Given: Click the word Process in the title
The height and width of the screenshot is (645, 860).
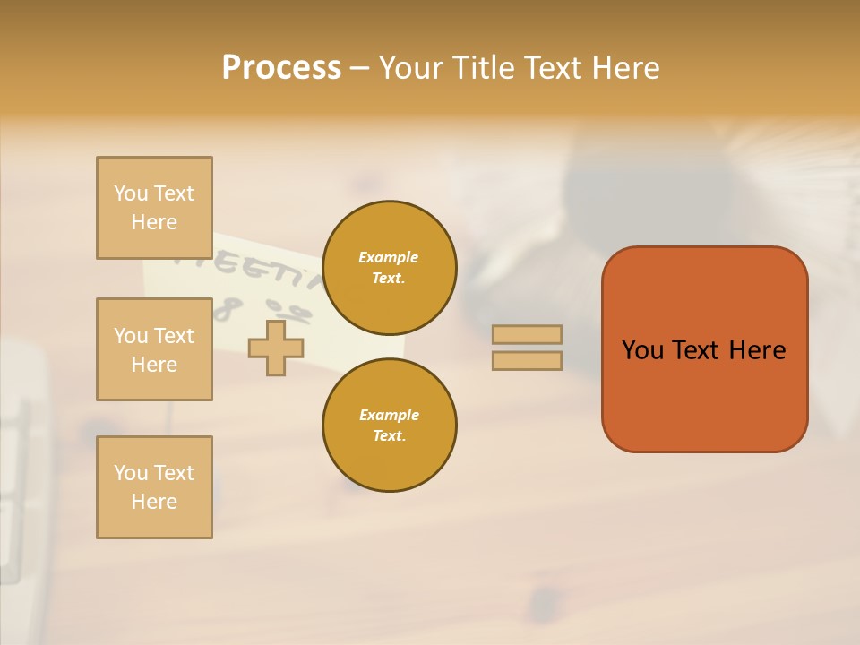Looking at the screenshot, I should pyautogui.click(x=281, y=68).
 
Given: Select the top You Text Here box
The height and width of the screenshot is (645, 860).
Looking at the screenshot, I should pyautogui.click(x=154, y=208).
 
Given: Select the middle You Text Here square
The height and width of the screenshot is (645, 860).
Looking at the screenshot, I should pyautogui.click(x=154, y=349).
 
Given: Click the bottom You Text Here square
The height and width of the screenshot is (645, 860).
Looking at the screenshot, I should pyautogui.click(x=154, y=487).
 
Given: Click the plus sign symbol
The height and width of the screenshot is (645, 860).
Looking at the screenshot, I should pyautogui.click(x=275, y=348).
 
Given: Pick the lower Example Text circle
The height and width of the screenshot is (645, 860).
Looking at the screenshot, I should pyautogui.click(x=389, y=426).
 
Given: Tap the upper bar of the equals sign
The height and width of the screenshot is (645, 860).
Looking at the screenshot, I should pyautogui.click(x=527, y=335).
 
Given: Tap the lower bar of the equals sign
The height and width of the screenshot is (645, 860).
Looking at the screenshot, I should pyautogui.click(x=527, y=360).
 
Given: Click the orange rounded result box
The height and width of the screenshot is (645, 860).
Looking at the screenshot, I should pyautogui.click(x=704, y=394).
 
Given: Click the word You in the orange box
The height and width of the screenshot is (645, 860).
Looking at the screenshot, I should pyautogui.click(x=642, y=350).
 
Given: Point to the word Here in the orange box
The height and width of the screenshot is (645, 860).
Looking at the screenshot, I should pyautogui.click(x=757, y=350).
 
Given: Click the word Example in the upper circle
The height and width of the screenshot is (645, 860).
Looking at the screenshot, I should pyautogui.click(x=389, y=257).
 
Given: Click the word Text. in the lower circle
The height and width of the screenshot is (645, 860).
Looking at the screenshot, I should pyautogui.click(x=389, y=436).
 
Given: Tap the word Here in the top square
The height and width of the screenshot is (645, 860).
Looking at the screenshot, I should pyautogui.click(x=154, y=222).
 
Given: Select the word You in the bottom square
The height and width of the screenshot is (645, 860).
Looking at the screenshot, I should pyautogui.click(x=130, y=473).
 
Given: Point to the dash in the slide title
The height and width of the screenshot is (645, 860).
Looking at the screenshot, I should pyautogui.click(x=360, y=69).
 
